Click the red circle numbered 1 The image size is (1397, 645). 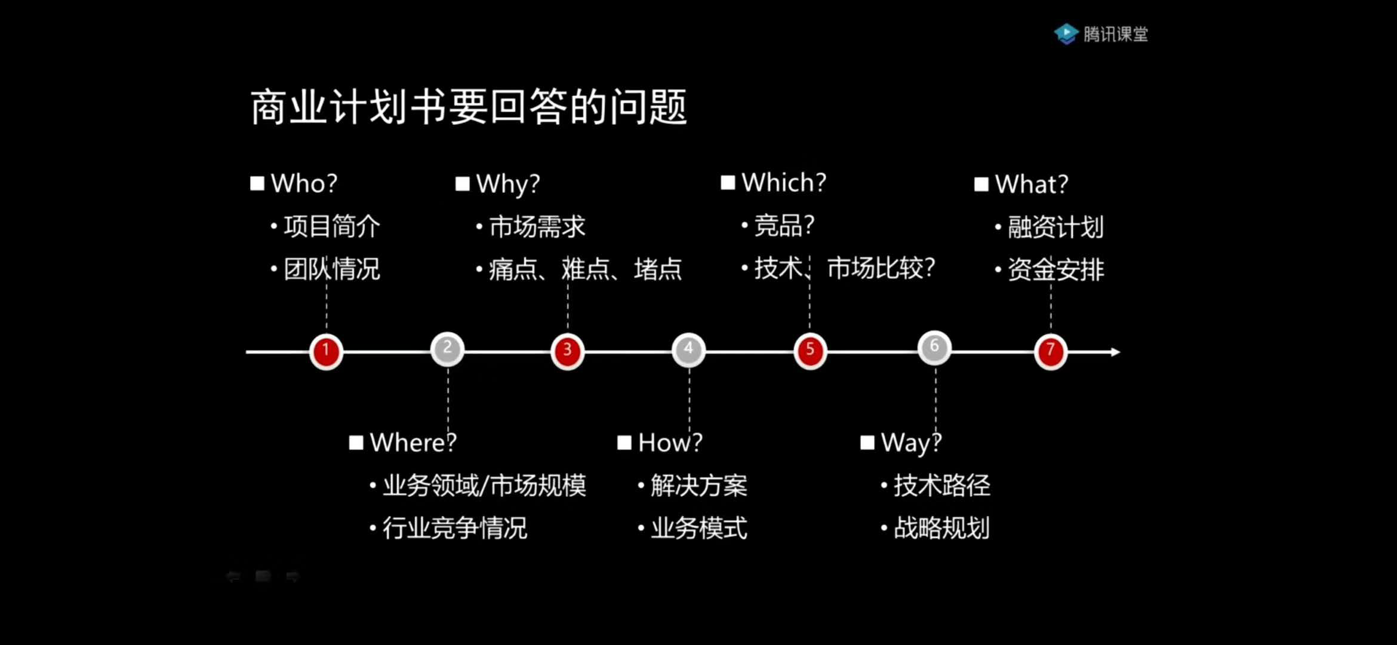pos(326,351)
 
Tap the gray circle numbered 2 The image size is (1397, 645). pos(447,349)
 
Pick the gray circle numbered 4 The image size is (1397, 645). pos(688,349)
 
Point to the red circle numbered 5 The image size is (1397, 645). pos(810,351)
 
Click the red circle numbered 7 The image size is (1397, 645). pos(1051,351)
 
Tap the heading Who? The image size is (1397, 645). pos(304,183)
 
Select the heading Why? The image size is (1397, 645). pos(508,184)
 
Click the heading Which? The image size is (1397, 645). pos(784,182)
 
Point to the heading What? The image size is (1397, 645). pos(1032,184)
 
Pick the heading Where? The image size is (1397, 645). pos(413,443)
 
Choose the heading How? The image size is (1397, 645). pos(670,443)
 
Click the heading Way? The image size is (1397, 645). pos(911,443)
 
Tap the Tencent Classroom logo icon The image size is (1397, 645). pos(1066,33)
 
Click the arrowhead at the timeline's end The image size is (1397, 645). pos(1115,352)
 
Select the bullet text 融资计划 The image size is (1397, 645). pos(1056,227)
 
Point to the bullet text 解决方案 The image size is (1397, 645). pos(698,486)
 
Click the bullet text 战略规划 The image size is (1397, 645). pos(941,528)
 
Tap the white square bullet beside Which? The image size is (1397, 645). pos(728,183)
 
